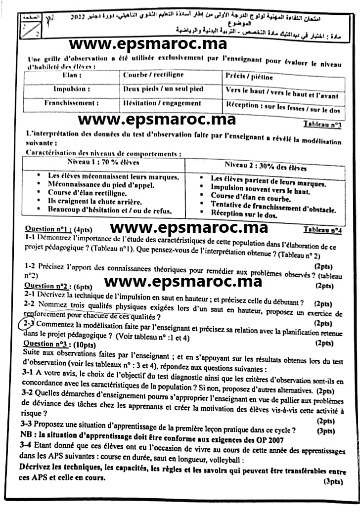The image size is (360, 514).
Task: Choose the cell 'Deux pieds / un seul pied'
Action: coord(163,89)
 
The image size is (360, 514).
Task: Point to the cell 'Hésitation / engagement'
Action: coord(162,103)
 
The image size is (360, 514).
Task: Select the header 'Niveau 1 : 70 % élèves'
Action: coord(103,163)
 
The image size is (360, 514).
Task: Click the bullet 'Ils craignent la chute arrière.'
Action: coord(95,202)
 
